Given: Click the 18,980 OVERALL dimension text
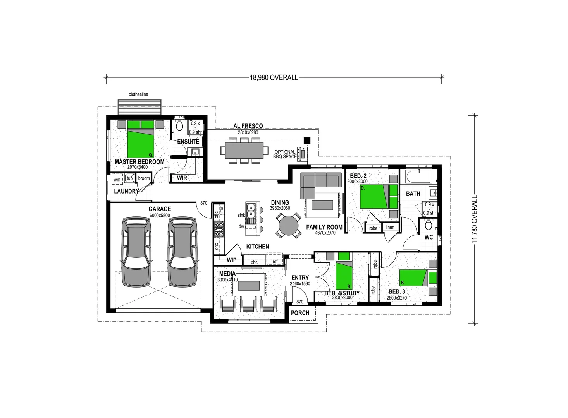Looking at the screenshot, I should pos(274,77).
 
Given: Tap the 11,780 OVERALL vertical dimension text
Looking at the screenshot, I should pos(475,219).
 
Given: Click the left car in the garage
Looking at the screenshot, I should pos(136,252).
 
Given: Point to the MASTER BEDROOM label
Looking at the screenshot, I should pos(139,162).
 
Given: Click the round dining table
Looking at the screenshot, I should pos(289,225).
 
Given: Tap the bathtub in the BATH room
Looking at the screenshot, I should pos(418,178).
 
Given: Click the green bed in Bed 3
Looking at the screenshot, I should pos(413,278).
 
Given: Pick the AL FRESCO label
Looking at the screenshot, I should pos(248,126).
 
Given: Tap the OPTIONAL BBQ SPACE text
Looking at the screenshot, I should pos(285,154).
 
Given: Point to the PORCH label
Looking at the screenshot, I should pos(300,313).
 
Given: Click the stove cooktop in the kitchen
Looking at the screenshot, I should pos(219,229).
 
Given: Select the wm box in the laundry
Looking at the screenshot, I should pos(117,180).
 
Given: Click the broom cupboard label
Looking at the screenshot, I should pos(144,178).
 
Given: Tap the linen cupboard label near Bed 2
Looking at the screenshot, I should pos(390,227).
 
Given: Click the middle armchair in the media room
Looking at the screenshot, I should pos(248,303).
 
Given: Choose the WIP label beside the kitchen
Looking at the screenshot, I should pos(231,260).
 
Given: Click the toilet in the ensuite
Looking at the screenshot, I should pos(179,126).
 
